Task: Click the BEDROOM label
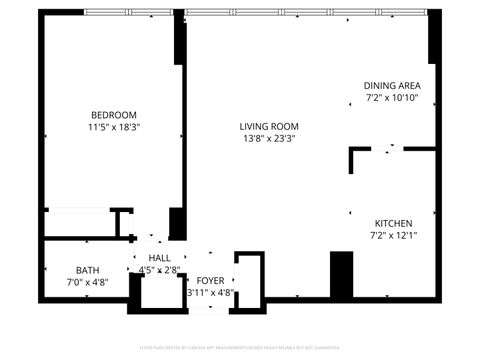(113, 114)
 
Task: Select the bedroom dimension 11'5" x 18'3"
(113, 127)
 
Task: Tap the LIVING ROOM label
(268, 126)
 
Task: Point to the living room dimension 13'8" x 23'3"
(268, 140)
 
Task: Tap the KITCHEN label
(393, 223)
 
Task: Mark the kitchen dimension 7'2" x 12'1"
(393, 236)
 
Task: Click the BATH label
(88, 270)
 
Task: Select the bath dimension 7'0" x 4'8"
(88, 283)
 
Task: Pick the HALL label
(159, 258)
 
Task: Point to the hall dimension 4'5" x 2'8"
(159, 270)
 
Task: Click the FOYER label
(210, 281)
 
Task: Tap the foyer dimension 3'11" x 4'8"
(210, 293)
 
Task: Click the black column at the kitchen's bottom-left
(342, 274)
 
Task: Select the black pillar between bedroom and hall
(176, 222)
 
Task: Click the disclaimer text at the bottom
(240, 349)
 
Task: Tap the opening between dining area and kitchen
(390, 149)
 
